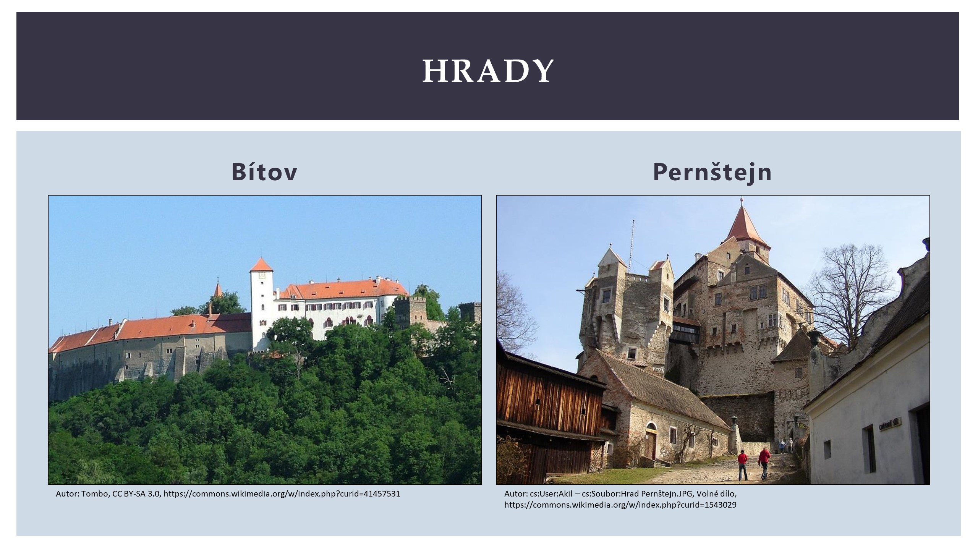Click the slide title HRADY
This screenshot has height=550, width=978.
(488, 71)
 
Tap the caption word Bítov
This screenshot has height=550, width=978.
(264, 172)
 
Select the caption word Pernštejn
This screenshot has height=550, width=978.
(712, 172)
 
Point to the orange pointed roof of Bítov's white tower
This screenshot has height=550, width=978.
(262, 265)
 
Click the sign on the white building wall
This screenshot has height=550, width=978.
(890, 424)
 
